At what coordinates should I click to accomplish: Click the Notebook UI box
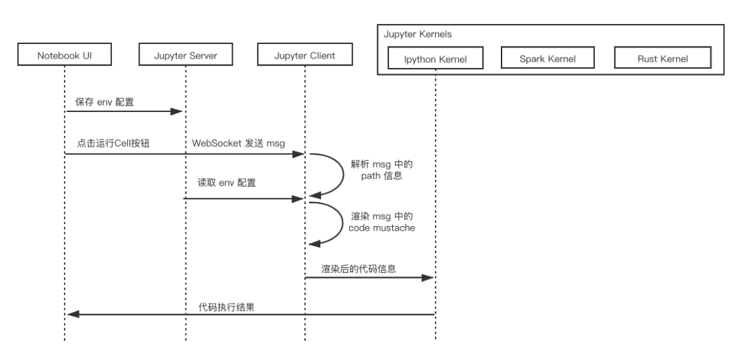tap(65, 54)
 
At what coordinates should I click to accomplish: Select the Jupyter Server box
tap(185, 54)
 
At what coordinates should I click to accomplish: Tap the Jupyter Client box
tap(305, 54)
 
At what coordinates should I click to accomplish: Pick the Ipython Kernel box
tap(436, 58)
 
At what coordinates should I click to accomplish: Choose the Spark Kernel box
tap(548, 58)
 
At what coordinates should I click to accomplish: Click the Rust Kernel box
tap(662, 58)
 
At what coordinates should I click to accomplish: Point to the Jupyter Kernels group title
tap(418, 34)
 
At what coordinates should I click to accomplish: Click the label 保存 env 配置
tap(104, 102)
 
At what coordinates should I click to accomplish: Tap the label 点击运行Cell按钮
tap(113, 144)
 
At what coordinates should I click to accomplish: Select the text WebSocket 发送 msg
tap(238, 144)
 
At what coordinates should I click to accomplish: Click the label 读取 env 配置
tap(227, 183)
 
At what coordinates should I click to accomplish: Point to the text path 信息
tap(381, 176)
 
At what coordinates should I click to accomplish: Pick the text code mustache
tap(382, 228)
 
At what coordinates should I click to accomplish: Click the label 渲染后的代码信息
tap(359, 269)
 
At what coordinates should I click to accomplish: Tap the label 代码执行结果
tap(226, 307)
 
